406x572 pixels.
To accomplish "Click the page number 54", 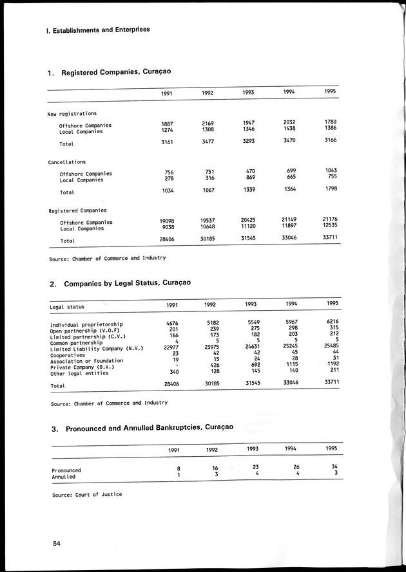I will click(x=57, y=544).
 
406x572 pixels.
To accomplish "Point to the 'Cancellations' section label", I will click(x=67, y=162).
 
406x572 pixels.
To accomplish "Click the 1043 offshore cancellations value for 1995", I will click(x=331, y=171).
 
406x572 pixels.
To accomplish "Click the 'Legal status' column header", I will click(x=67, y=306).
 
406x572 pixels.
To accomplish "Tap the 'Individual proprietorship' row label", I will click(x=86, y=324).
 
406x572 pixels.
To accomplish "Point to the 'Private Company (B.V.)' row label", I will click(x=82, y=367).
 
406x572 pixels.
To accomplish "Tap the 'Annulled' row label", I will click(x=64, y=477).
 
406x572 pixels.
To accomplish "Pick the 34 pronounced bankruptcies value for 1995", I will click(x=333, y=466).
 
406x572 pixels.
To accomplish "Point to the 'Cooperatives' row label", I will click(x=69, y=355).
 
